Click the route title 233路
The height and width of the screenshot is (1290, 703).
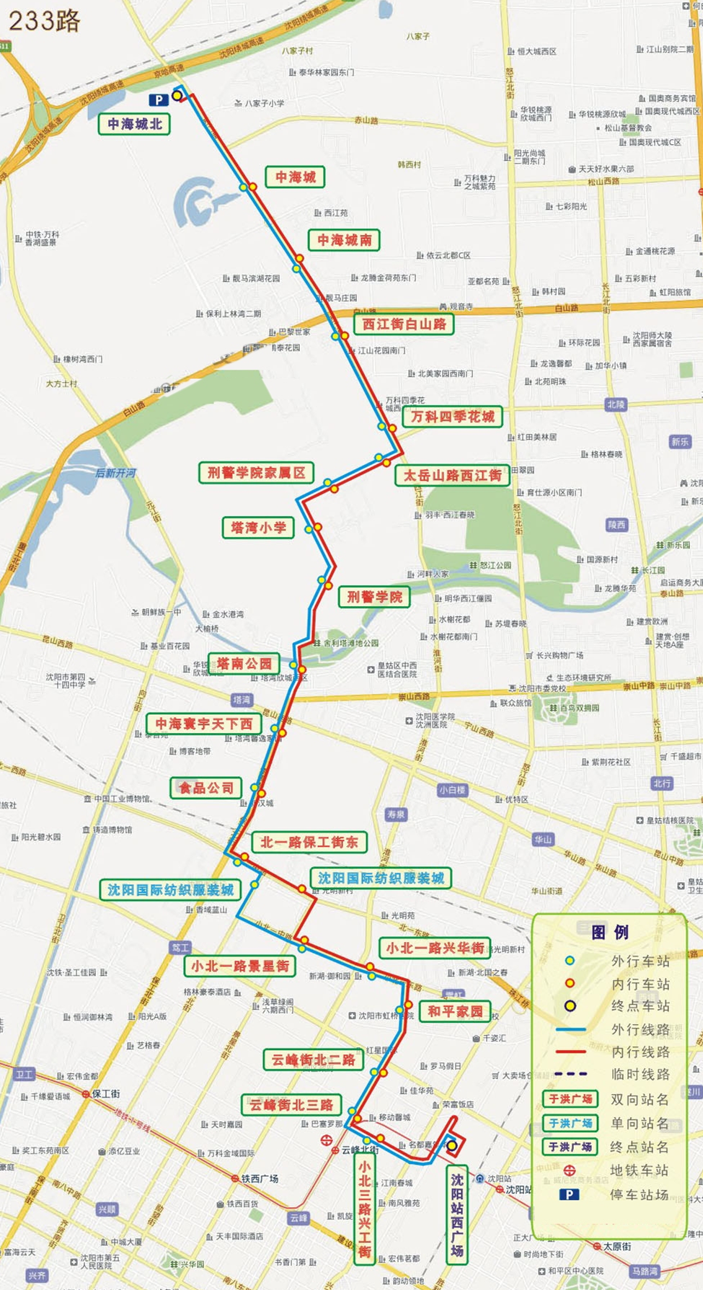click(45, 20)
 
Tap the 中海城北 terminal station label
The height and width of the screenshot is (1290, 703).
click(135, 124)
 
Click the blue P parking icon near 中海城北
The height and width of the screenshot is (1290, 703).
click(157, 100)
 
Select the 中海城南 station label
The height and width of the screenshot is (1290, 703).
click(345, 240)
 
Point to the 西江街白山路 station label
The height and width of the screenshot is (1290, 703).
click(404, 324)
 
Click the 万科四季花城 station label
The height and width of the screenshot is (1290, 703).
click(452, 417)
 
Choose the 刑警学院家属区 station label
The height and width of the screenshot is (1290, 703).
click(256, 473)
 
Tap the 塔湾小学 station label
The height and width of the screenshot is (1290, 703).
click(258, 528)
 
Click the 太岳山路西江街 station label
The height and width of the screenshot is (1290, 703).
click(452, 475)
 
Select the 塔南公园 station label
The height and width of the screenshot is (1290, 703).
click(244, 663)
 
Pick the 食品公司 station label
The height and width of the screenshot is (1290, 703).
click(206, 788)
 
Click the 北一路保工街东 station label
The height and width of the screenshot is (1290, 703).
click(309, 842)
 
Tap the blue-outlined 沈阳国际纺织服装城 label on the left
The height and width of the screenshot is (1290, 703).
click(170, 890)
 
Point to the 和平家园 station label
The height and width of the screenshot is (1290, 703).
click(455, 1011)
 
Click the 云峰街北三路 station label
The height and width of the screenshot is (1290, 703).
click(291, 1105)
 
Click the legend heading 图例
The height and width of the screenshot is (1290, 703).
click(609, 933)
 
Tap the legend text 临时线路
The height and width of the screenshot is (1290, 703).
click(640, 1075)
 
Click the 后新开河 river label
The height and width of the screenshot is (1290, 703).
click(115, 473)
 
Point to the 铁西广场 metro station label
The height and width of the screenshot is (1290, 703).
click(260, 1179)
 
